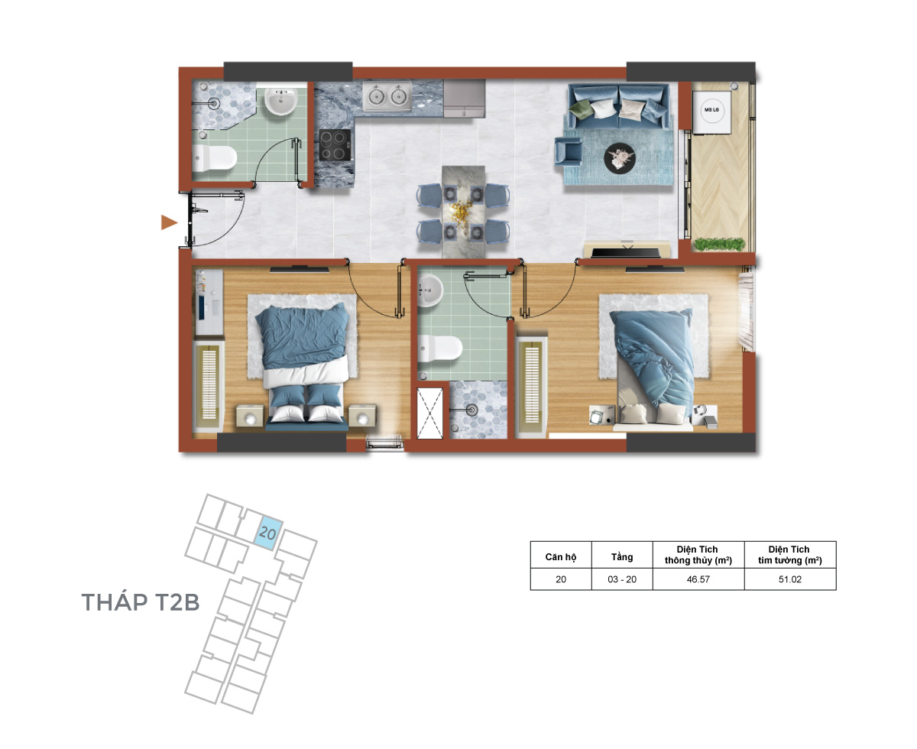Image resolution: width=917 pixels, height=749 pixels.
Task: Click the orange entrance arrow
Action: tap(168, 222)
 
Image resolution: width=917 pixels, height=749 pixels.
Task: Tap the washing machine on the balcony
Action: tap(711, 112)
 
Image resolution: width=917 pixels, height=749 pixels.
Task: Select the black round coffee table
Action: tap(619, 158)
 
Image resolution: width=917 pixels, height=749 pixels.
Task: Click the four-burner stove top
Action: tap(335, 145)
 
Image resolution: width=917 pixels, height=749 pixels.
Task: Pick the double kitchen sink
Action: tap(387, 96)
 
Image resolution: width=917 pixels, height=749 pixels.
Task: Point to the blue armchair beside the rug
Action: tap(568, 151)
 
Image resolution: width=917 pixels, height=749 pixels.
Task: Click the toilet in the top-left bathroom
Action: tap(214, 157)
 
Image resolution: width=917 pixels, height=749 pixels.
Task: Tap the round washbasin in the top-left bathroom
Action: tap(281, 102)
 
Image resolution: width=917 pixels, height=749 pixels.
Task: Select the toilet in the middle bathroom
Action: tap(439, 348)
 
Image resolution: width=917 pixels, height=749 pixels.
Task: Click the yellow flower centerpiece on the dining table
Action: tap(462, 212)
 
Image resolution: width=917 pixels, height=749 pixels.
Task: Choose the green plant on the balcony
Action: tap(719, 244)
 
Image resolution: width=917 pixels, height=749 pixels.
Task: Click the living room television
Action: tap(626, 251)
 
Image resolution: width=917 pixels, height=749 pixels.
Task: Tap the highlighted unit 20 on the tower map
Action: tap(267, 533)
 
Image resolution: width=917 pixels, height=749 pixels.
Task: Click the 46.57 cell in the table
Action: tap(698, 579)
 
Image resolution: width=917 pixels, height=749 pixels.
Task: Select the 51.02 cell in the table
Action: tap(789, 579)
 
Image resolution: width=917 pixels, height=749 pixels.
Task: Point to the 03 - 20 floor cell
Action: tap(622, 579)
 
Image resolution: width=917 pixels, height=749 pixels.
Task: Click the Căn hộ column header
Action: tap(560, 556)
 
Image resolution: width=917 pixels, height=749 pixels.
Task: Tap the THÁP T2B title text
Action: tap(141, 602)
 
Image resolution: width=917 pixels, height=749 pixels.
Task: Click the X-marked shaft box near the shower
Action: tap(429, 413)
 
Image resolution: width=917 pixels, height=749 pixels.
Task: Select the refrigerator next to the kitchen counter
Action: tap(464, 99)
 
